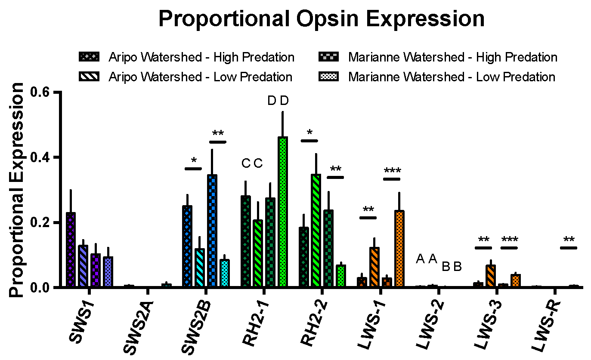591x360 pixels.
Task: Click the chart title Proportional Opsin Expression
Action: [322, 19]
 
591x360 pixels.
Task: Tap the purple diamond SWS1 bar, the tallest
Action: [71, 249]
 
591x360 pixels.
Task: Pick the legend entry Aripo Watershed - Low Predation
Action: [201, 77]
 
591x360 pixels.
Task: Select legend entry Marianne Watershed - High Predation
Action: [453, 57]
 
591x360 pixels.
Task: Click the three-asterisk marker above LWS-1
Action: [392, 171]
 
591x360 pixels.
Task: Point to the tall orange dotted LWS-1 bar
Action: [399, 249]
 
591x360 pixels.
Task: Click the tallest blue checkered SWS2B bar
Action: [212, 231]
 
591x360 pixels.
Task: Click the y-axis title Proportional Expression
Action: [17, 190]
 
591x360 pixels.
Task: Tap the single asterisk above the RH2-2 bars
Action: [309, 132]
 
